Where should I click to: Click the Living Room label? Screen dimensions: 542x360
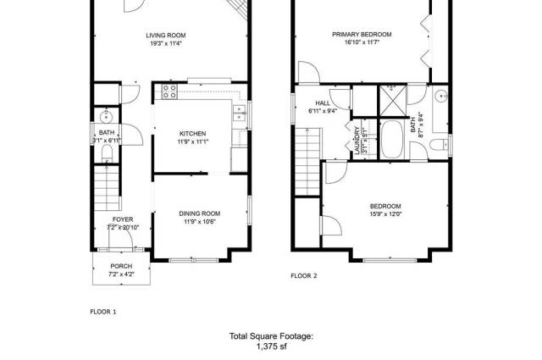(166, 36)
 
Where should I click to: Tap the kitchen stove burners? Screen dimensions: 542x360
(169, 91)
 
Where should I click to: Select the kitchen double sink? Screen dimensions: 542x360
(239, 114)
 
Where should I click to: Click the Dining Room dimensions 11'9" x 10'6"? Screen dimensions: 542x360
(200, 222)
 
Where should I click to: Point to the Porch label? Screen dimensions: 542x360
(121, 266)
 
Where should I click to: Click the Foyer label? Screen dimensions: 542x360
(123, 219)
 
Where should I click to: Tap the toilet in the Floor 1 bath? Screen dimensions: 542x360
(108, 152)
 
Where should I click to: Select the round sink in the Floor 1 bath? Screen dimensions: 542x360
(107, 117)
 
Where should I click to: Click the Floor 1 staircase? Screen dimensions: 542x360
(108, 188)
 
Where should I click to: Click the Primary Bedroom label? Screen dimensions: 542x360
(362, 34)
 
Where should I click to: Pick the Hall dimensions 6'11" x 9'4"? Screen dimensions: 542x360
(323, 111)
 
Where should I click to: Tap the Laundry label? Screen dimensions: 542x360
(357, 140)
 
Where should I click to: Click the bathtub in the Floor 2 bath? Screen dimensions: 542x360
(392, 140)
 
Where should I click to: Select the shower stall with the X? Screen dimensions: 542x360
(393, 102)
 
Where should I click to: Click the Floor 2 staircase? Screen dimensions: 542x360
(307, 162)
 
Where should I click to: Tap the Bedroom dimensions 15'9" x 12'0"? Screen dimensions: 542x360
(386, 214)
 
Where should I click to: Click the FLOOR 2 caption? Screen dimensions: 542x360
(304, 275)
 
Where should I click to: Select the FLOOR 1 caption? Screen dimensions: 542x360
(103, 312)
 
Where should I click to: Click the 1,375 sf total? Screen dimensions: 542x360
(271, 346)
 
